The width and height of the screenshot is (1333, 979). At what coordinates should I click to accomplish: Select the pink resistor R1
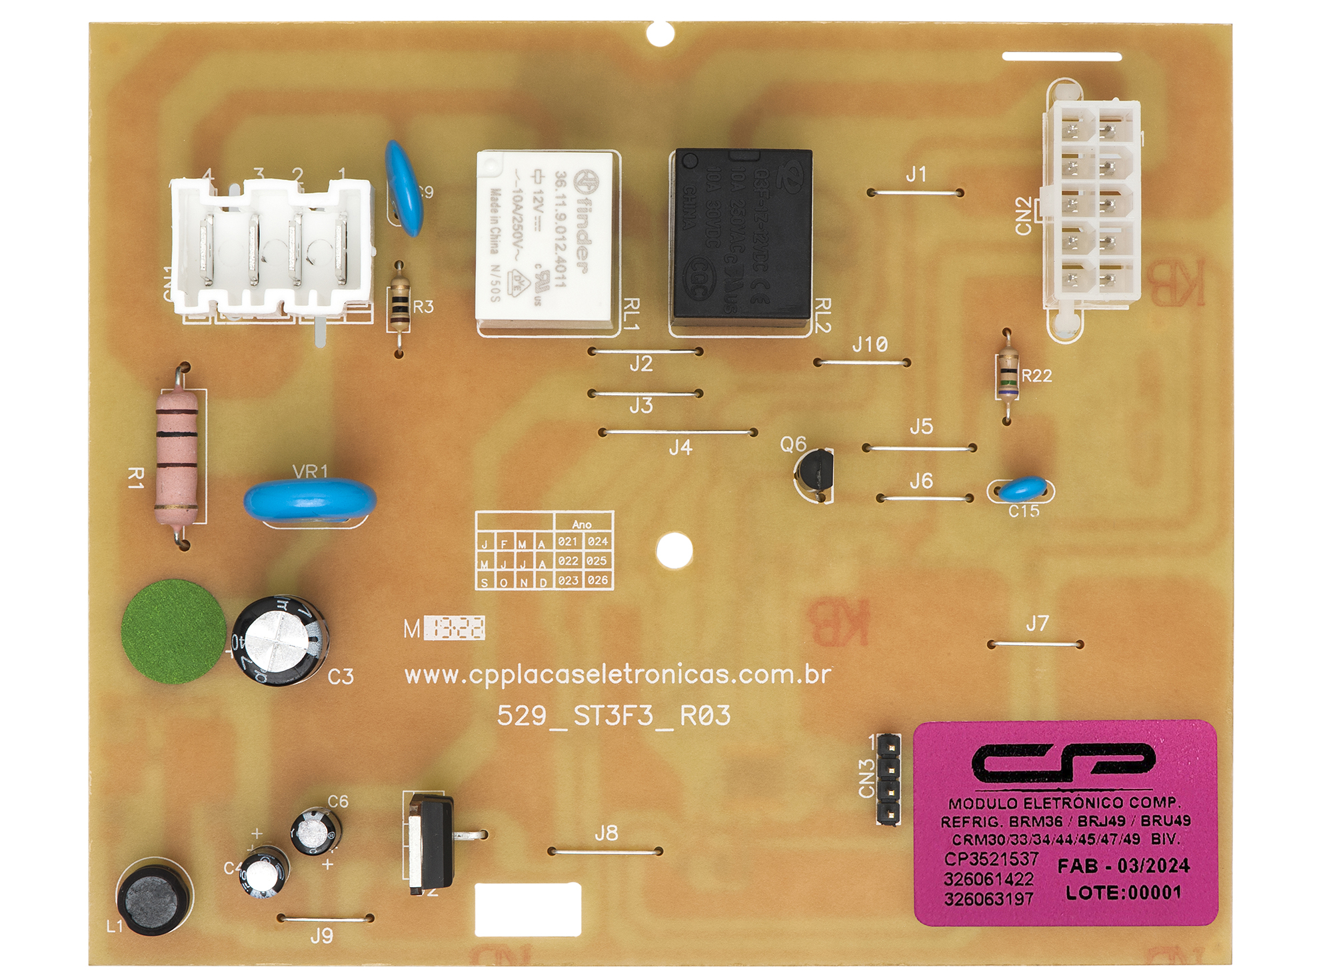[x=177, y=457]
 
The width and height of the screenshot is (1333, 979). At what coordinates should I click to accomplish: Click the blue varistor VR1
[x=309, y=500]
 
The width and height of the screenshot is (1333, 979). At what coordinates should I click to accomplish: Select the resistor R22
[x=1007, y=376]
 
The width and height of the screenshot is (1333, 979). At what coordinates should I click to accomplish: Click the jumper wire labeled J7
[x=1035, y=644]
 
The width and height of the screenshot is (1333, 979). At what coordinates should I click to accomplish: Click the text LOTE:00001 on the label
[x=1124, y=892]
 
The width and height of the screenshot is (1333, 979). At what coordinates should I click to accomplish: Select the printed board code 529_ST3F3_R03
[x=613, y=716]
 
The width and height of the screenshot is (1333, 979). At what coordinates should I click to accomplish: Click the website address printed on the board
[x=617, y=675]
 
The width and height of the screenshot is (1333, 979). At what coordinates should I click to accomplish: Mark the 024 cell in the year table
[x=598, y=541]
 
